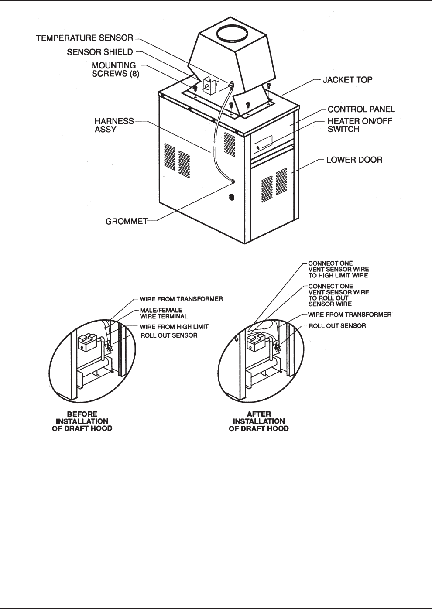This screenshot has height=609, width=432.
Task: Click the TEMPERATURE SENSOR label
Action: coord(84,38)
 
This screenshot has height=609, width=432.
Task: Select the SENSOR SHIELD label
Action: coord(100,52)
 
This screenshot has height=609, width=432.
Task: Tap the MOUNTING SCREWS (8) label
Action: coord(114,69)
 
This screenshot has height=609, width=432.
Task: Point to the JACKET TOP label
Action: coord(347,80)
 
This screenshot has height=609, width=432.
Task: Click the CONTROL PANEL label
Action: coord(361,109)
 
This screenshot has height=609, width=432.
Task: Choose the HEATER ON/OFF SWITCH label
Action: coord(360,125)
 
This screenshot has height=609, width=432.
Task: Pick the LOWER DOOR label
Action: coord(354,160)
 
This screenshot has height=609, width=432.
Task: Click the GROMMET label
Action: coord(127,221)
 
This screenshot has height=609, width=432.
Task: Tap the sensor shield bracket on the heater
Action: coord(210,86)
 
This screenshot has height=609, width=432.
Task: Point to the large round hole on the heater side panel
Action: coord(231,198)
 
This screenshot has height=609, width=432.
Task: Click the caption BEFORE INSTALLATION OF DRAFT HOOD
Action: coord(82,421)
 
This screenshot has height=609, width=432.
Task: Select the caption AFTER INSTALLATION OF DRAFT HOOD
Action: coord(259,421)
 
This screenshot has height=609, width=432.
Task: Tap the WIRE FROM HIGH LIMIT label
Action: coord(174,327)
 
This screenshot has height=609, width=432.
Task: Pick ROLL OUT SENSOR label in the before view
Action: coord(169,335)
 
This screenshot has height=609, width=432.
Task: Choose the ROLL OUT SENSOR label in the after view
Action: coord(337,326)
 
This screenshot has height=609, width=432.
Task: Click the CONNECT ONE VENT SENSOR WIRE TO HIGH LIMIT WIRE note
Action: coord(338,269)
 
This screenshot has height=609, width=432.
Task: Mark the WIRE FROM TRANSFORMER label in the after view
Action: coord(350,315)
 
